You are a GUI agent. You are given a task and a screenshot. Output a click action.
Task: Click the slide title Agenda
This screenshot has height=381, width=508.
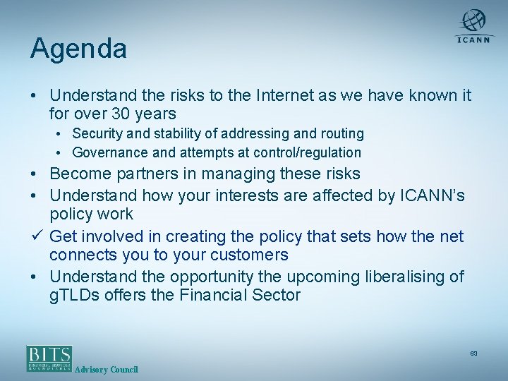tap(78, 49)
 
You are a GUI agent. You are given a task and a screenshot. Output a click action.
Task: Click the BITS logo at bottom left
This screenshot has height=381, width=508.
tap(49, 358)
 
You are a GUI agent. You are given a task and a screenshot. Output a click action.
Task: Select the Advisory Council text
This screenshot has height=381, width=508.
tap(107, 370)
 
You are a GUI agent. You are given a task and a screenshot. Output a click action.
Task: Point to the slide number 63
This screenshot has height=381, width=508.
tap(473, 353)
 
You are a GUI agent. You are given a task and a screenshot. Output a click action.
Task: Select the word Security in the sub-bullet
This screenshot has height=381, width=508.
tap(98, 133)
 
